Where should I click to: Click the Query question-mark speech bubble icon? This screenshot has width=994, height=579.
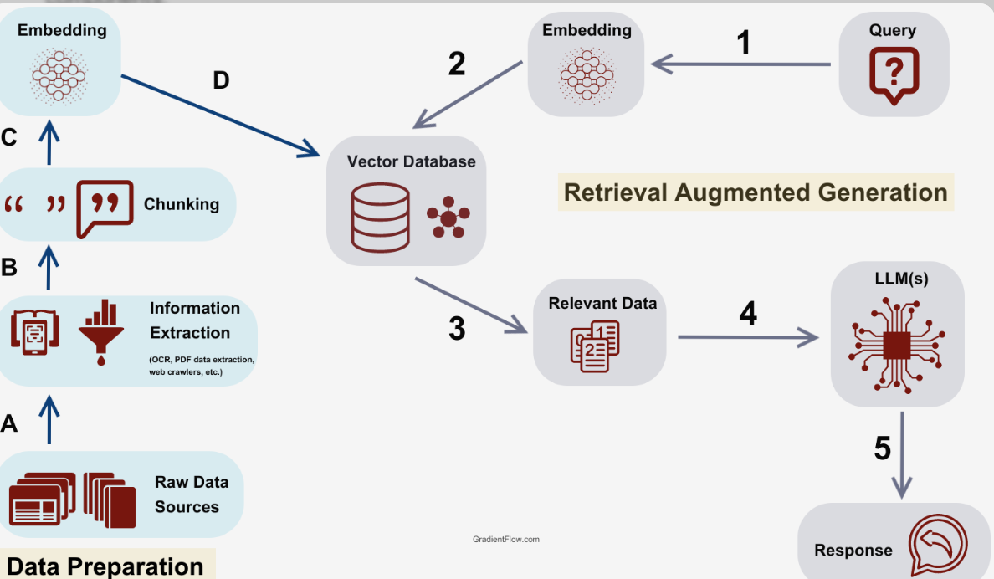point(894,74)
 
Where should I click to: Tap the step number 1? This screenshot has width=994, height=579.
point(743,42)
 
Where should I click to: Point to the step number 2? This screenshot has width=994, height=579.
point(457,64)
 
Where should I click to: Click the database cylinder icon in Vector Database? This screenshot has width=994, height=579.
point(380,217)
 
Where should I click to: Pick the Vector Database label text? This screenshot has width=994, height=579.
point(411,161)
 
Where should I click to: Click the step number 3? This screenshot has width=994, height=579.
point(457,329)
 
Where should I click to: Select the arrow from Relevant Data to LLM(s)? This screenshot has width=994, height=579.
point(748,337)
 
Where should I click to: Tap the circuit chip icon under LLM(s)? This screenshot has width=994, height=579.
point(896,344)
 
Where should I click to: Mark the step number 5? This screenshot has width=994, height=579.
point(883,449)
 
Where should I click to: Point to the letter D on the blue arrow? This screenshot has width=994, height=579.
point(221,80)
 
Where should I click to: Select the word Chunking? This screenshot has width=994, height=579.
point(182,204)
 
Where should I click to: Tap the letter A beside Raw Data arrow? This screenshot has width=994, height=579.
point(9,423)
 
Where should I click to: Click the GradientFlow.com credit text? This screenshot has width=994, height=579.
point(506,540)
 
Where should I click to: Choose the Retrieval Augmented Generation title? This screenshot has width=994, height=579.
point(756,192)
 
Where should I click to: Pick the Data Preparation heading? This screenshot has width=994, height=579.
point(105,566)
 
